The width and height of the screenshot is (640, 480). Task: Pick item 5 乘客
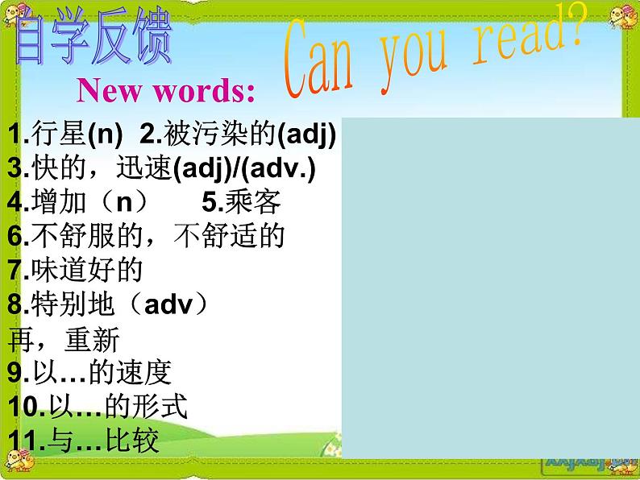pyautogui.click(x=241, y=202)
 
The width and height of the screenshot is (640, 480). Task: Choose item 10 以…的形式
pyautogui.click(x=97, y=407)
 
